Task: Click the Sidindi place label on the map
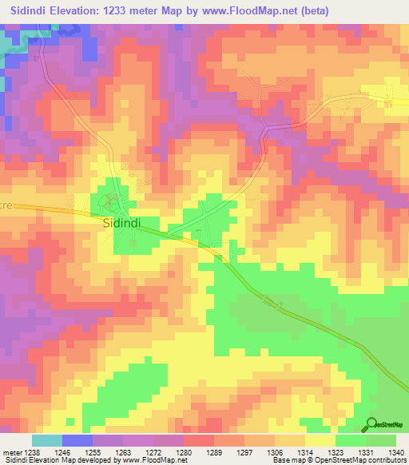coord(121,225)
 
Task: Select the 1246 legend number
coord(63,451)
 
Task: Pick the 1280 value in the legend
coord(183,451)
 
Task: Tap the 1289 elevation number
coord(213,451)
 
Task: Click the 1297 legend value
coord(244,451)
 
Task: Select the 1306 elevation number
coord(276,451)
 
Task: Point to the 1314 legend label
coord(306,451)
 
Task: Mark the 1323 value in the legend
coord(336,451)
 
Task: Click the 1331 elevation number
coord(367,451)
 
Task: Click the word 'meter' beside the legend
coord(11,451)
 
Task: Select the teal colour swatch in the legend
coord(46,440)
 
